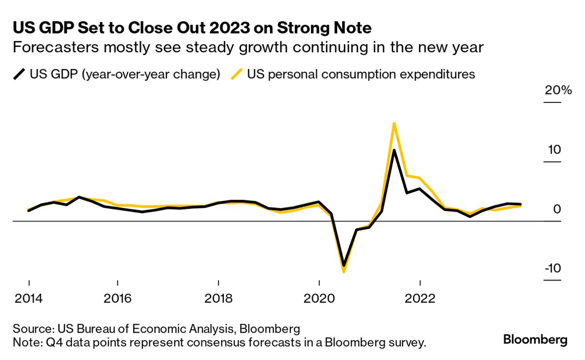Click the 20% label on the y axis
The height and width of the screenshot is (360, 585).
point(558,90)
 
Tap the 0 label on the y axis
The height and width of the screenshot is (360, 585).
point(557,209)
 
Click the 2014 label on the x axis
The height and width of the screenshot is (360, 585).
point(29,299)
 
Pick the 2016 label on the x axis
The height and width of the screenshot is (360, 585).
point(117,299)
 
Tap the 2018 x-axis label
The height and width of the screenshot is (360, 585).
point(218,299)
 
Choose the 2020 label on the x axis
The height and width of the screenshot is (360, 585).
point(319,299)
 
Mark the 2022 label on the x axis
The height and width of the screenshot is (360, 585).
point(419,299)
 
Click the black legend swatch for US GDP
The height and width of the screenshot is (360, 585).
point(20,74)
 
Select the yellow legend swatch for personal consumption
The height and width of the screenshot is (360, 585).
point(237,74)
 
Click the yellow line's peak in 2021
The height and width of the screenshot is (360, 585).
point(394,123)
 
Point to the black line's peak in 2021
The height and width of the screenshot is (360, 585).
point(394,150)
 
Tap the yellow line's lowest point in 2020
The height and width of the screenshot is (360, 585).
point(343,272)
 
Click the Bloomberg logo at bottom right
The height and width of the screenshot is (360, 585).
point(535,339)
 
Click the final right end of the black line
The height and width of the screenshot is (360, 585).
point(520,205)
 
